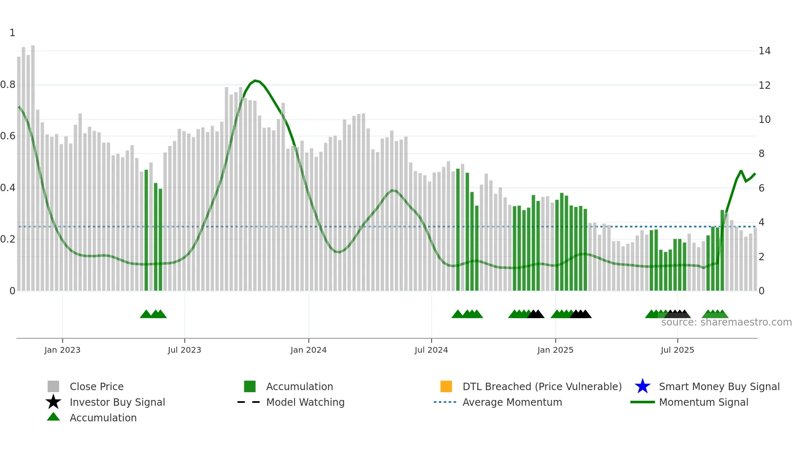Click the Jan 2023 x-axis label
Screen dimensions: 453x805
(62, 350)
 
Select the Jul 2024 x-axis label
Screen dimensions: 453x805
(431, 350)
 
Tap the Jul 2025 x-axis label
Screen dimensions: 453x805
(677, 350)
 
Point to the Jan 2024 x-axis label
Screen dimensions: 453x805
(308, 350)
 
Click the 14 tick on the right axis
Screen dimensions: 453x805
(764, 51)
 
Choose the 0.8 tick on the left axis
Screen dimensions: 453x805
(8, 85)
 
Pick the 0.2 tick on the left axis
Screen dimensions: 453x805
(8, 239)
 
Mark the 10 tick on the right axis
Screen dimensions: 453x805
(764, 120)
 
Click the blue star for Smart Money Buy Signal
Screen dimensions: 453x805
(642, 386)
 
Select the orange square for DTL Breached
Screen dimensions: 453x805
(446, 386)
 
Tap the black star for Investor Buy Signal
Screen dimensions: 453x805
(53, 402)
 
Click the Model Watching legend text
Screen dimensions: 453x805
(305, 402)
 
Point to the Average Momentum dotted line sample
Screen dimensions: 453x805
(445, 402)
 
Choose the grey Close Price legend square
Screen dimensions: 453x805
(53, 386)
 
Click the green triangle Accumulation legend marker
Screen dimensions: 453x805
(53, 417)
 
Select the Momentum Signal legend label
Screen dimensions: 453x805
(704, 402)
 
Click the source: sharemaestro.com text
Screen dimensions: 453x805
(726, 322)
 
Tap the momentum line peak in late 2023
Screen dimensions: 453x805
(255, 81)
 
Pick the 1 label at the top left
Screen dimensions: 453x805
(12, 33)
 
